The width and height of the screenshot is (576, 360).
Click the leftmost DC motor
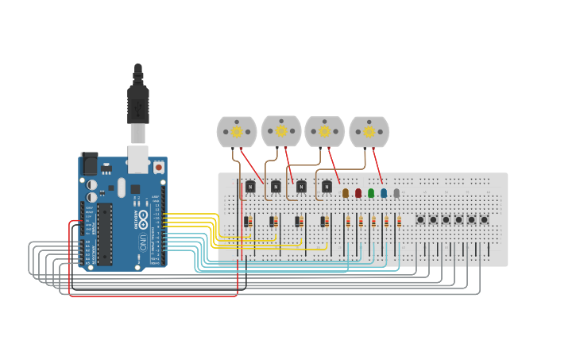237,131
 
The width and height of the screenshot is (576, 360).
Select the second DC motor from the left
281,130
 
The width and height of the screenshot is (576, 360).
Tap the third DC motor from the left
324,131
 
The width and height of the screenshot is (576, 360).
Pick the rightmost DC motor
369,131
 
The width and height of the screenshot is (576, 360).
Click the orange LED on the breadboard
345,192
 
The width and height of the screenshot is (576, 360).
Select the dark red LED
358,192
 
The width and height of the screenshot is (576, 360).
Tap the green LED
371,192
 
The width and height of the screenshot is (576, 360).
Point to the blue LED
384,192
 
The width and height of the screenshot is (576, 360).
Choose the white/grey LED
396,192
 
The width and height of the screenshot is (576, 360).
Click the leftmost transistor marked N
250,187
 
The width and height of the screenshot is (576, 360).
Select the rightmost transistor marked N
327,187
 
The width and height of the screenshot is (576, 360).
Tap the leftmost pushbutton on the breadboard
420,219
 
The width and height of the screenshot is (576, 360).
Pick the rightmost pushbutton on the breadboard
484,219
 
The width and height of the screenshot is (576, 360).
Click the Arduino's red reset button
159,167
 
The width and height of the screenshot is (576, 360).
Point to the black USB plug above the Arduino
138,103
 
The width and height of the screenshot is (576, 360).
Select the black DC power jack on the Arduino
89,163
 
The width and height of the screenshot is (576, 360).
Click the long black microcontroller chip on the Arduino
105,234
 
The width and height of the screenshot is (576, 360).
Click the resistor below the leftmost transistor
247,222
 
